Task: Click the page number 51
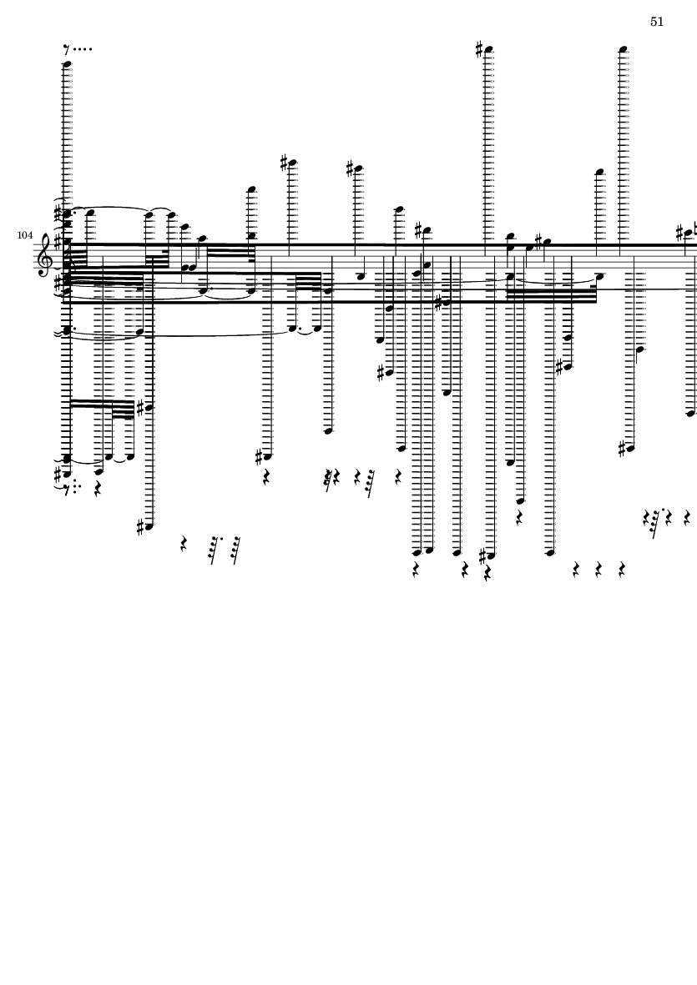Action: point(657,22)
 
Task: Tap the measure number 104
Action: point(25,236)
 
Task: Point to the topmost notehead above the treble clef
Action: point(68,63)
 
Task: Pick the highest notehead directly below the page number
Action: point(623,49)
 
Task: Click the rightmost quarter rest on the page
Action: point(686,519)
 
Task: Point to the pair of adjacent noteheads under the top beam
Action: point(189,268)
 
